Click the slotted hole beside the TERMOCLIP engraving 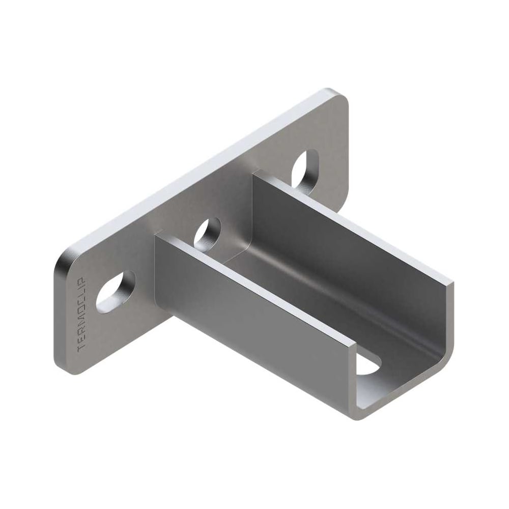pyautogui.click(x=116, y=292)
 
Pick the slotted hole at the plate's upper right pyautogui.click(x=305, y=172)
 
